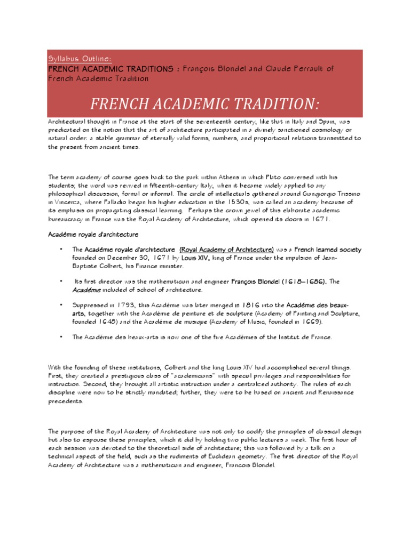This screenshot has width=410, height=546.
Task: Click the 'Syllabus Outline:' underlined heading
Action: [80, 59]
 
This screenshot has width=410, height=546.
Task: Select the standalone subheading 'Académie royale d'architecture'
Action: [93, 234]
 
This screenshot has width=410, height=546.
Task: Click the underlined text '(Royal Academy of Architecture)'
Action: [226, 250]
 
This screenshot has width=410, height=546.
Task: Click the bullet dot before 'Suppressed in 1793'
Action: [62, 305]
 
